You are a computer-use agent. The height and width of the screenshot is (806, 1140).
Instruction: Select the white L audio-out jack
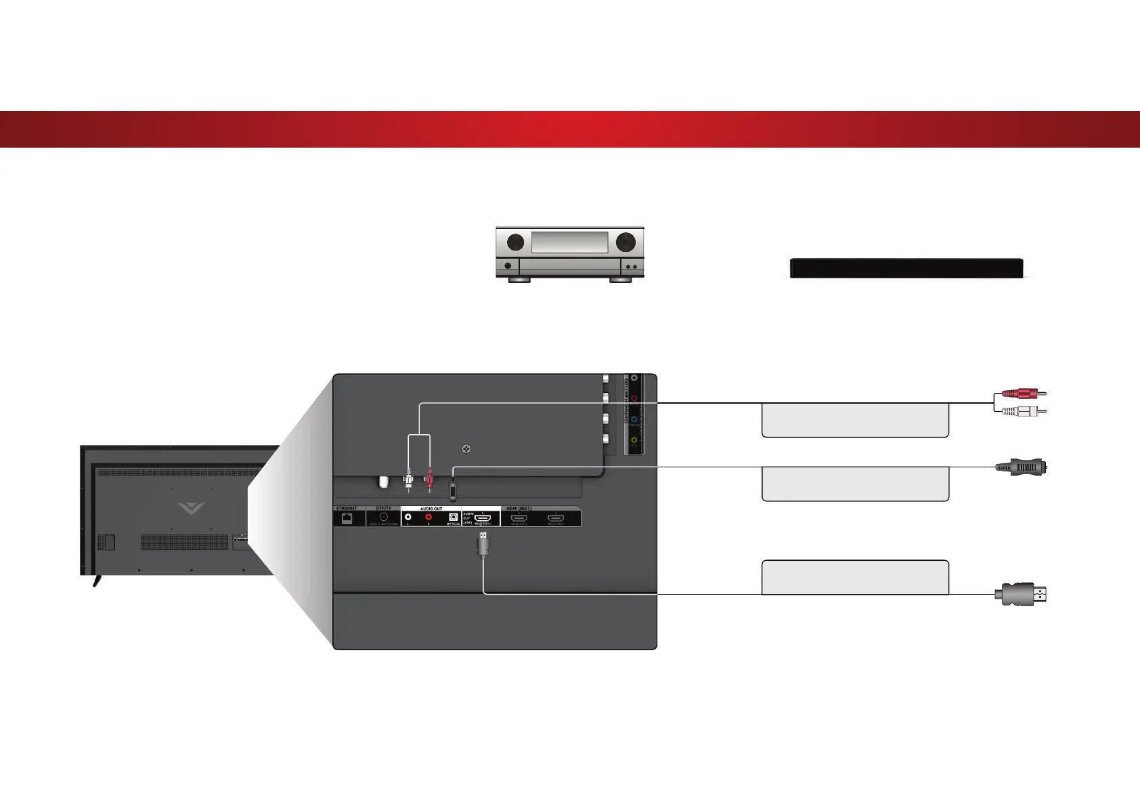pyautogui.click(x=408, y=517)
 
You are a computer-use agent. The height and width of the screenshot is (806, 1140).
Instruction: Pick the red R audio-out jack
pyautogui.click(x=429, y=517)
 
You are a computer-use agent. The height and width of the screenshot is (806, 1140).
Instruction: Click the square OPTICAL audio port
pyautogui.click(x=454, y=517)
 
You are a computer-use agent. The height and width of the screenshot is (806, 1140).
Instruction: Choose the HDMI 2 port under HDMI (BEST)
pyautogui.click(x=519, y=518)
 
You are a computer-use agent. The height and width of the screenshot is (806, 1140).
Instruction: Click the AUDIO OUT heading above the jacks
pyautogui.click(x=431, y=509)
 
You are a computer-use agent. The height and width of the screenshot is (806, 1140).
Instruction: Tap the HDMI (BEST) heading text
pyautogui.click(x=519, y=509)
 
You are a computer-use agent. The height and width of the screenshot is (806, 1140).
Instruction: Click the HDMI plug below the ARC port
pyautogui.click(x=483, y=544)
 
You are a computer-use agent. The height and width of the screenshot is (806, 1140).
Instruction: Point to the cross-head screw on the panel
pyautogui.click(x=466, y=448)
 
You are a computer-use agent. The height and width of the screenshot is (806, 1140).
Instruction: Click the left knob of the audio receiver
pyautogui.click(x=516, y=241)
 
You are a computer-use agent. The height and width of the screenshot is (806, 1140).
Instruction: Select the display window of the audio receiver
pyautogui.click(x=569, y=242)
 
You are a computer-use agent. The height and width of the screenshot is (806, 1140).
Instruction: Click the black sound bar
pyautogui.click(x=906, y=268)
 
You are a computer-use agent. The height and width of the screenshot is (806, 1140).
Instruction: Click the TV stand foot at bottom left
pyautogui.click(x=97, y=580)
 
